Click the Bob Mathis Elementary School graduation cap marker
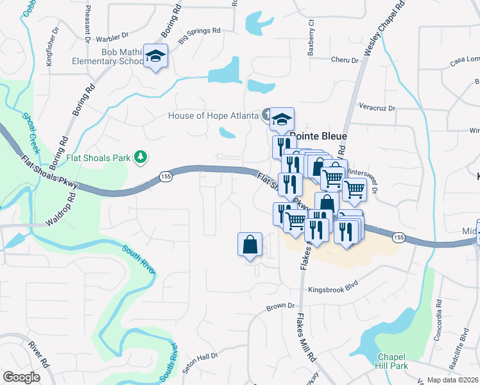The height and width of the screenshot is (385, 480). click(x=155, y=56)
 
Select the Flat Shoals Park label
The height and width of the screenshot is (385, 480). click(x=98, y=157)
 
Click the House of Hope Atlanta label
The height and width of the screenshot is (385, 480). click(x=214, y=116)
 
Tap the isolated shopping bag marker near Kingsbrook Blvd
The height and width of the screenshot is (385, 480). click(x=250, y=245)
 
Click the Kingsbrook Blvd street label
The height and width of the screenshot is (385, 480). click(x=332, y=289)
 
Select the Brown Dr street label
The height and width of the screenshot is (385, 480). click(x=280, y=307)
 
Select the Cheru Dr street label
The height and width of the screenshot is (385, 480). click(x=345, y=60)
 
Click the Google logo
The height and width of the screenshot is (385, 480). click(x=21, y=377)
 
